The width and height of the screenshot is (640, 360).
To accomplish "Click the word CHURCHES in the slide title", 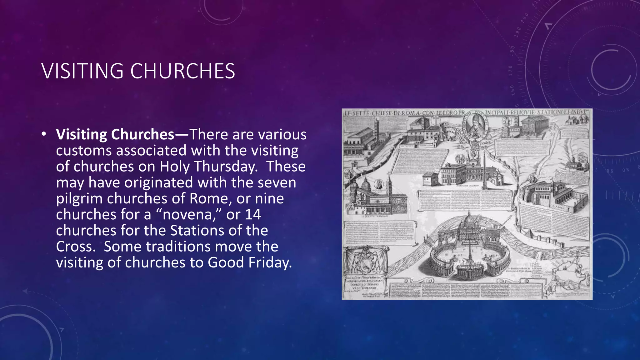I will click(182, 71).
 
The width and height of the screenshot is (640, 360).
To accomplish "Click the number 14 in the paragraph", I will click(253, 214).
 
